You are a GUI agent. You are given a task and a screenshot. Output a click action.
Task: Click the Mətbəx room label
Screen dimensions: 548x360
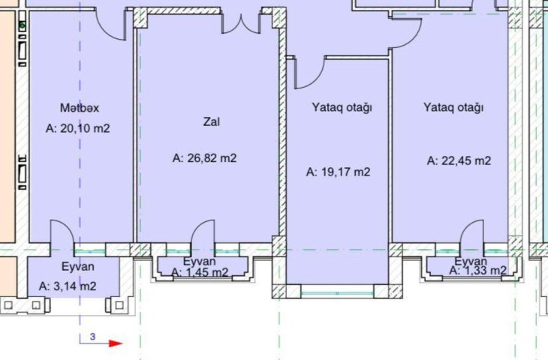[80, 107]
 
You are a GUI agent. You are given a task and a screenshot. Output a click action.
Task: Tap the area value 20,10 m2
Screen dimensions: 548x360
[85, 128]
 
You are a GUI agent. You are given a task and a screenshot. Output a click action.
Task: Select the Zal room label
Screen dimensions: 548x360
[212, 121]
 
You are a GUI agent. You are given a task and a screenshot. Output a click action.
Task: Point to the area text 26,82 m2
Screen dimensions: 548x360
[212, 158]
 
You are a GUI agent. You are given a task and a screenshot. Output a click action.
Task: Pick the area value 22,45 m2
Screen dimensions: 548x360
[466, 160]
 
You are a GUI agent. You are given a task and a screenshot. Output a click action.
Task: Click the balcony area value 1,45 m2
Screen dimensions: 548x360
[207, 272]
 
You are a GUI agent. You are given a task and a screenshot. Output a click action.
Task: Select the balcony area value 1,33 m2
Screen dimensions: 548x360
[485, 270]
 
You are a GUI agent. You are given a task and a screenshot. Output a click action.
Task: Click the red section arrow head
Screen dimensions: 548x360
[116, 343]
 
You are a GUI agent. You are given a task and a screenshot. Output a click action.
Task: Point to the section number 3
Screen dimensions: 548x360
[92, 337]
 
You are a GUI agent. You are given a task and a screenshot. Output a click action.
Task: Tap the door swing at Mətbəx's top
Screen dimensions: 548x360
[110, 27]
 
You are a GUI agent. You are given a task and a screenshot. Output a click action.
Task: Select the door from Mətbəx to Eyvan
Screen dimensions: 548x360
[62, 232]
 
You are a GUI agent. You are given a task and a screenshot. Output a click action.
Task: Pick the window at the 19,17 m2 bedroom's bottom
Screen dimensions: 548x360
[337, 292]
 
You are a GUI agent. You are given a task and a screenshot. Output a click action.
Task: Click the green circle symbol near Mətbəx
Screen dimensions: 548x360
[23, 25]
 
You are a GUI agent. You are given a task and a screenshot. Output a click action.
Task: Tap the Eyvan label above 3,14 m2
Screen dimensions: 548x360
[78, 266]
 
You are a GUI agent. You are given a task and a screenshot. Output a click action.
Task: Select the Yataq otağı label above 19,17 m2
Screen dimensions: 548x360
[342, 107]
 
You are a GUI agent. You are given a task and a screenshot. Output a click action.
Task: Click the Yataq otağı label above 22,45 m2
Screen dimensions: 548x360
[453, 107]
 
